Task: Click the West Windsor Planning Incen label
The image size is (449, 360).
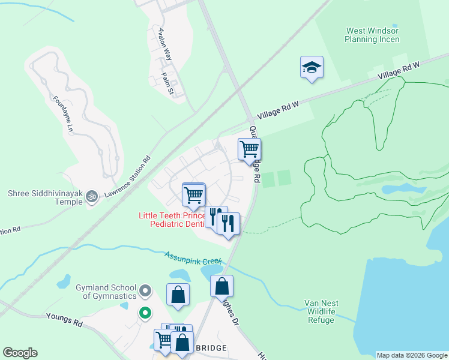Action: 372,35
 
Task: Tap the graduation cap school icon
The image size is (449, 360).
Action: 312,67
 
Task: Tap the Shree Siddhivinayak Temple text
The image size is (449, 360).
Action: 45,197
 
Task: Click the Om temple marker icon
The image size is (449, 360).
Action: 92,196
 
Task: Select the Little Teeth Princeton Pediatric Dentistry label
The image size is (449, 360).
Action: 171,220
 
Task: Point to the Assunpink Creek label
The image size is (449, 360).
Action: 193,258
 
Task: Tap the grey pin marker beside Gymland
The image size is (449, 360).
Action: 145,292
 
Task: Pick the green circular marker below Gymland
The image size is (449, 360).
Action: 145,312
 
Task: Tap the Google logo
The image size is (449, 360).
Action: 20,353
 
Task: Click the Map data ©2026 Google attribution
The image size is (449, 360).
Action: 412,355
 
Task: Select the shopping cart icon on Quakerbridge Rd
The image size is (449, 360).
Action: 249,149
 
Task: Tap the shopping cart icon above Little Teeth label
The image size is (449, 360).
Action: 193,194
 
